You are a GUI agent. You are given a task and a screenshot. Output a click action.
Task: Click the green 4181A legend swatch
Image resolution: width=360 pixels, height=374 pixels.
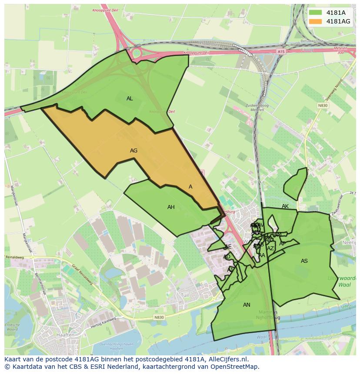point(316,13)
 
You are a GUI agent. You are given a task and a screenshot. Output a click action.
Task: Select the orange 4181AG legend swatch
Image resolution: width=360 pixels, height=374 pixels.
point(316,21)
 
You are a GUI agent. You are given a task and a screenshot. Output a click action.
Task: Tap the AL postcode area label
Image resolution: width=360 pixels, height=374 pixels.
point(130,99)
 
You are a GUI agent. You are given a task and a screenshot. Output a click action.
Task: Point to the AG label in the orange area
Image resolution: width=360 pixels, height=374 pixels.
point(133,151)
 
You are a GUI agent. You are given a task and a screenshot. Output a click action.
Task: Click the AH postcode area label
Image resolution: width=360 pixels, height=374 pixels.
point(171,207)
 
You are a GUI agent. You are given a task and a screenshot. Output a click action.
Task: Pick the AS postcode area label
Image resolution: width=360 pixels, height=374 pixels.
point(304,261)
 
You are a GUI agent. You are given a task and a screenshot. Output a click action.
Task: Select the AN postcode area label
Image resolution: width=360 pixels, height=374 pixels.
point(247,305)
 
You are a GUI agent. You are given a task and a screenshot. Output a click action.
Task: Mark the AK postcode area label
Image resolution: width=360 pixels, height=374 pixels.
point(285,206)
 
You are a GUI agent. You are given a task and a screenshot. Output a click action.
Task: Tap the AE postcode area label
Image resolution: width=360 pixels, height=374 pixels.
point(228,247)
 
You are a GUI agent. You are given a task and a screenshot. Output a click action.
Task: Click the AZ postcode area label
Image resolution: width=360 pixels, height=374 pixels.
point(270,248)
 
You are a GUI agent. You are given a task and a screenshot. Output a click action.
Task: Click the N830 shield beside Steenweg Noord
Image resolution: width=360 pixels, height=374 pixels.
point(322,105)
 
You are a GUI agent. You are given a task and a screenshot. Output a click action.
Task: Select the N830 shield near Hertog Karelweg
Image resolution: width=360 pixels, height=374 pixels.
point(159,318)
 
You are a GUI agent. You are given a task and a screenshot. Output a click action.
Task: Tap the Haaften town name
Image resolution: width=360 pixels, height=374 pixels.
point(65,335)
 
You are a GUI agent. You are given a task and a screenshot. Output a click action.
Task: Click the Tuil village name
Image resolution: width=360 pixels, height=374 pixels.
point(184,295)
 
